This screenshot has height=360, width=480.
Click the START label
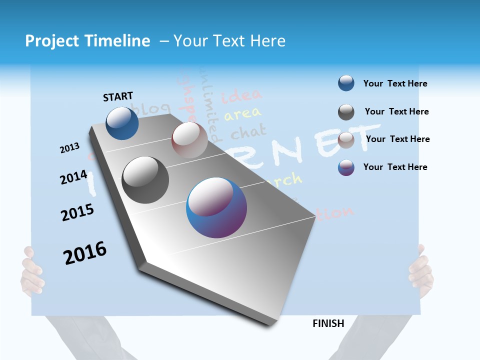point(118,96)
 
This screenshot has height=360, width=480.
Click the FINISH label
point(328,323)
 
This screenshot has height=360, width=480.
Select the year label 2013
point(69,148)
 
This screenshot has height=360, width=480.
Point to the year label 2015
point(77,213)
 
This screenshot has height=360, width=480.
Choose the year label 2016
point(84,253)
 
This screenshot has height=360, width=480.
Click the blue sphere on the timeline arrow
point(122,123)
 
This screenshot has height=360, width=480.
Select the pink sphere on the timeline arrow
point(189,139)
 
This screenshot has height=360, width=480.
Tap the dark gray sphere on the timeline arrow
point(145,180)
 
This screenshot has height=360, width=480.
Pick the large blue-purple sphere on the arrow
point(216,207)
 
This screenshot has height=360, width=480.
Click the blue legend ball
point(346,83)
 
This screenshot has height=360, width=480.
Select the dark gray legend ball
point(346,112)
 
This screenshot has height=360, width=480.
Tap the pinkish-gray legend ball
point(346,140)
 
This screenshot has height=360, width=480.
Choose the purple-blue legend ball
point(346,167)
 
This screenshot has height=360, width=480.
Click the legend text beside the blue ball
point(395,83)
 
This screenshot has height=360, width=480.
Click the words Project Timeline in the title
point(87,41)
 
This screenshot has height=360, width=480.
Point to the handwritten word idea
point(241,95)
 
